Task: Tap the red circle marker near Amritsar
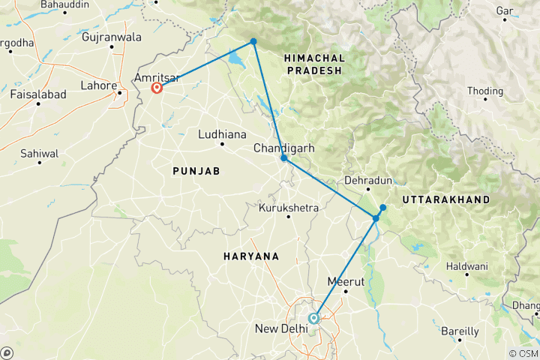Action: tap(157, 88)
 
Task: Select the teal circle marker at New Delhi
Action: tap(314, 318)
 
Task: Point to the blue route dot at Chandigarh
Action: tap(283, 158)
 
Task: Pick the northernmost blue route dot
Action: tap(253, 41)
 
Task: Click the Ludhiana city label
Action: tap(222, 135)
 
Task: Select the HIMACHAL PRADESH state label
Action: tap(314, 64)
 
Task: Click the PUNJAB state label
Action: tap(196, 171)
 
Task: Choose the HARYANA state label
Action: tap(250, 256)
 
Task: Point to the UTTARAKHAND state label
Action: tap(445, 199)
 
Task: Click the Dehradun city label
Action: tap(368, 181)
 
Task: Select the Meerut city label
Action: tap(346, 281)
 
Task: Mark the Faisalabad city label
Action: tap(38, 94)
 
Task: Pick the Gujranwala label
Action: tap(111, 36)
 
